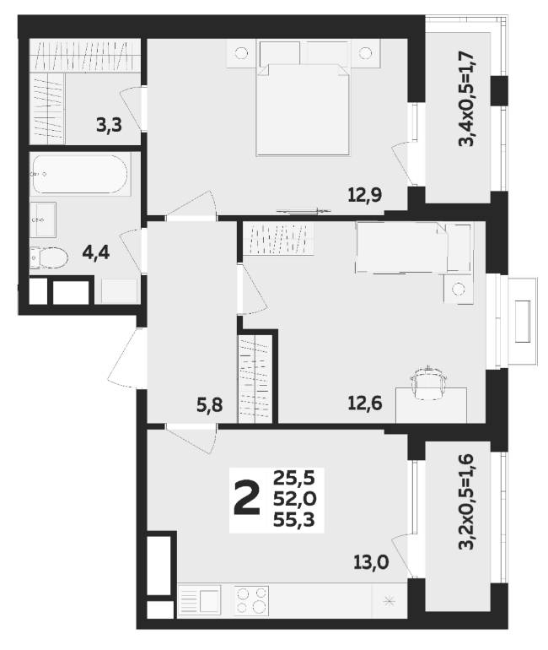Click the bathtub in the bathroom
80,174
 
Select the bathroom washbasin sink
43,219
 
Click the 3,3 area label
110,124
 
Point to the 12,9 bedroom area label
365,194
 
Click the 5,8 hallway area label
209,405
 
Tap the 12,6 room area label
365,403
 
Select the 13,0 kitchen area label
371,562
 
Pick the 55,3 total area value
294,519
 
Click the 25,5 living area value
294,479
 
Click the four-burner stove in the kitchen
251,600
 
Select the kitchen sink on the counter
200,600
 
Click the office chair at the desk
428,383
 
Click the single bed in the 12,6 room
413,248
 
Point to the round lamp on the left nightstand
241,53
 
